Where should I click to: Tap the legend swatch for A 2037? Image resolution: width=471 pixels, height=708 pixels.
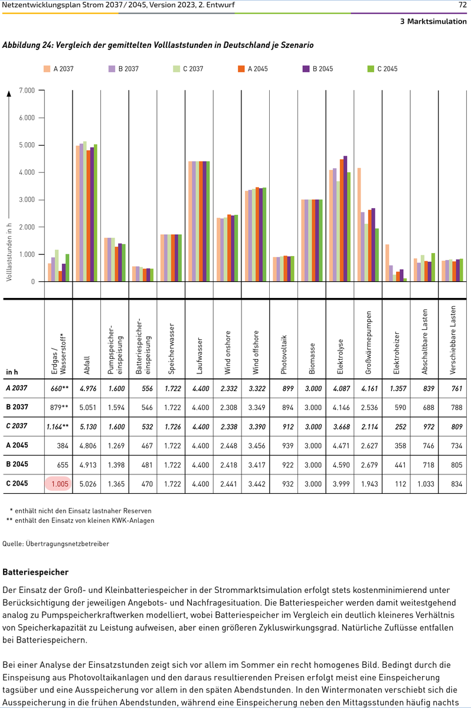tap(47, 69)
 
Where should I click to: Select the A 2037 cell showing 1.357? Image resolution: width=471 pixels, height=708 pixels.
tap(395, 388)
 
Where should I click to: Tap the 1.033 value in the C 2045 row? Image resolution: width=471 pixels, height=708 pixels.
tap(424, 484)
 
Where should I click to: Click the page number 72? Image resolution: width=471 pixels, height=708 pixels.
tap(463, 5)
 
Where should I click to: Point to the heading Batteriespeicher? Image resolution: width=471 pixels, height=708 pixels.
tap(35, 572)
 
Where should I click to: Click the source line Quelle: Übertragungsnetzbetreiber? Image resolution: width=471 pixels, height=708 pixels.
tap(56, 543)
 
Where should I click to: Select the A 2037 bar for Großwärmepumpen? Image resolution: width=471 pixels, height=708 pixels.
tap(359, 225)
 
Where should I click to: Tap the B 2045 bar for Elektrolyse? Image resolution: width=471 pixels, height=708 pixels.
tap(345, 219)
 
